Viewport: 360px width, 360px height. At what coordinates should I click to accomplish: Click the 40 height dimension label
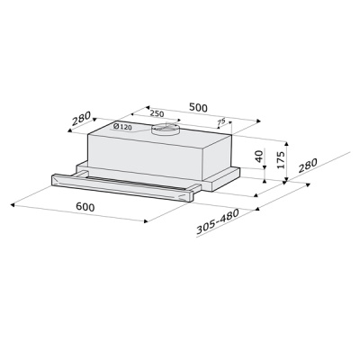pyautogui.click(x=259, y=156)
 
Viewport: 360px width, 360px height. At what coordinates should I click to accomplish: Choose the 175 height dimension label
pyautogui.click(x=281, y=158)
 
